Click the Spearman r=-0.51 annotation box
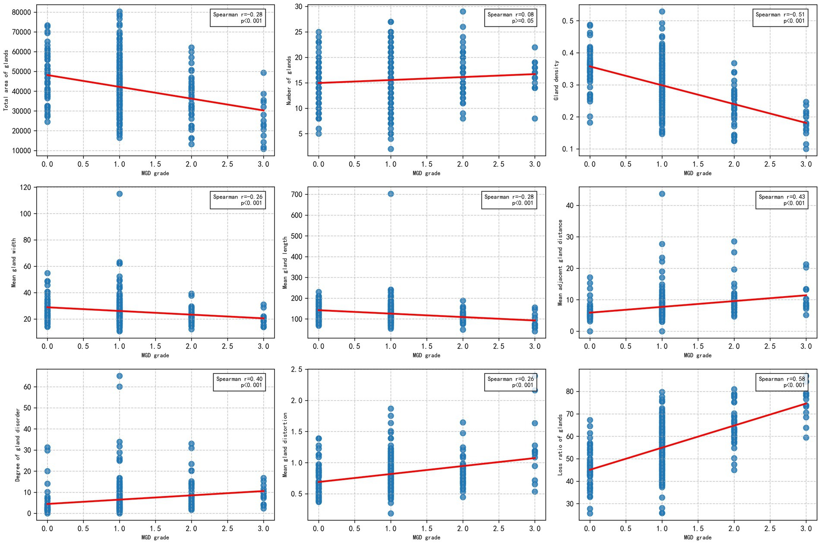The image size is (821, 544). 780,18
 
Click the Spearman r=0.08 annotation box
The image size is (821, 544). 510,18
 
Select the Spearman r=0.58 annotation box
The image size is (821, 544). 781,382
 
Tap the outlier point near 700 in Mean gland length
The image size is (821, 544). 391,194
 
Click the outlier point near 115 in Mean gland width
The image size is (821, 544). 120,194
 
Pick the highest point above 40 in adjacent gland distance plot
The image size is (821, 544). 662,194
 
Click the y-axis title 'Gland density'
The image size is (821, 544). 556,81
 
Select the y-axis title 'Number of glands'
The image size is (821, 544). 289,81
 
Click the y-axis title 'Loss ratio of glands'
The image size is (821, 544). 560,445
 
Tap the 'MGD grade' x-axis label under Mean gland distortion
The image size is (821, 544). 426,538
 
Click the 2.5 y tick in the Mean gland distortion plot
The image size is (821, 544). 297,370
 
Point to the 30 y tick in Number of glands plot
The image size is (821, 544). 298,6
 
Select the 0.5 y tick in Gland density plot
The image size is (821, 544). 568,21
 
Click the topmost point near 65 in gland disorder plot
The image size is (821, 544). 120,376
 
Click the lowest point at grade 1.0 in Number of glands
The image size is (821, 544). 391,149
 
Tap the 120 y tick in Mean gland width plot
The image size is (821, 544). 25,187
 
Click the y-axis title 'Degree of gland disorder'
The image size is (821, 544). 18,445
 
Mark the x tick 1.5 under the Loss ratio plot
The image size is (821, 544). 698,528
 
